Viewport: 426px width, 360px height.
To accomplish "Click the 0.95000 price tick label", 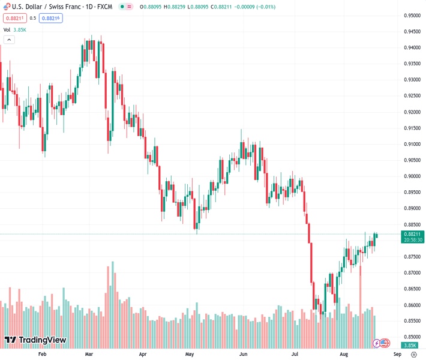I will tap(412, 16).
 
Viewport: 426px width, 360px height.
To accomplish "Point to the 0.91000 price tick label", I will tap(412, 144).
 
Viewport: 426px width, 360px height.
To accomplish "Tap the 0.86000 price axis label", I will tap(412, 305).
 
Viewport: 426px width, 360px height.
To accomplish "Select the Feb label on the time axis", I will tap(42, 354).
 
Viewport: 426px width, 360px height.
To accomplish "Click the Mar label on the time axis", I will tap(89, 354).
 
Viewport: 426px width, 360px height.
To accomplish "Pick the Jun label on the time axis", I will tap(244, 354).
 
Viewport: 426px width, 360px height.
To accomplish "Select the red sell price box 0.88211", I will tap(13, 18).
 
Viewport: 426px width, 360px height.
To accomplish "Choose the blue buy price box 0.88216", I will tap(50, 18).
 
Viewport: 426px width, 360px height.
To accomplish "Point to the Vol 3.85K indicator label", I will tap(15, 29).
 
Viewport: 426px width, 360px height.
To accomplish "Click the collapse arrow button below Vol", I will tap(9, 40).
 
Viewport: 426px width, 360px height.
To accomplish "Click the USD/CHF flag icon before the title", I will tap(6, 7).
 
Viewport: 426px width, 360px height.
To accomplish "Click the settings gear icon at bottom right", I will tap(413, 354).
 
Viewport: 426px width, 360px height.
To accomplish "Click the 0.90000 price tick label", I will tap(412, 176).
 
